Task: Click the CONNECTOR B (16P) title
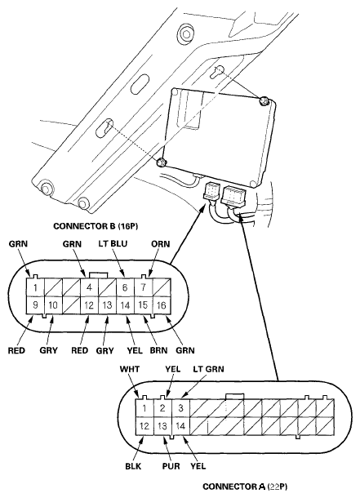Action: [96, 226]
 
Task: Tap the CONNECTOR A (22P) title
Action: [245, 487]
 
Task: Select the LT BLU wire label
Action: [113, 243]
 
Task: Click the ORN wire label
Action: [161, 244]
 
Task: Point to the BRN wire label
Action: [158, 350]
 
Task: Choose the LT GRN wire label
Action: [209, 369]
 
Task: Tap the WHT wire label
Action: [130, 369]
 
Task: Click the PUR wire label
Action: [171, 466]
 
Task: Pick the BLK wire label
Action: [133, 466]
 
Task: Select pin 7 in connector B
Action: [144, 287]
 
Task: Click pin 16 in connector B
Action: [162, 305]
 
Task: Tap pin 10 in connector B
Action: [53, 305]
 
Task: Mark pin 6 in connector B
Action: [125, 287]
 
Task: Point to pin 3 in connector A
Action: [180, 408]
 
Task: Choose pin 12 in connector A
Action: [144, 426]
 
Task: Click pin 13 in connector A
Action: [162, 426]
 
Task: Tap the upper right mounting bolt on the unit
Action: [264, 101]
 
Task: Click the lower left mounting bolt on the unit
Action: [162, 162]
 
